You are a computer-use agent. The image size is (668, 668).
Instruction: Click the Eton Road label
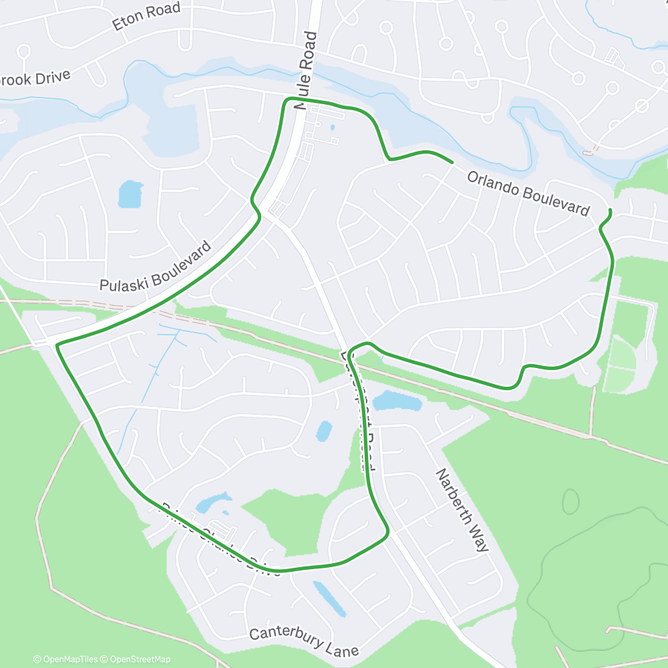pos(147,16)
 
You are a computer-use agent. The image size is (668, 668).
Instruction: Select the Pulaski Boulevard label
pos(155,267)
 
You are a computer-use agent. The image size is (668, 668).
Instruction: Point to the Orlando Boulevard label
pos(528,193)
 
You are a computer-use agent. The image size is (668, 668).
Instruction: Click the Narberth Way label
pos(462,510)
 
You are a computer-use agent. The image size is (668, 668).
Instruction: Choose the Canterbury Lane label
pos(304,642)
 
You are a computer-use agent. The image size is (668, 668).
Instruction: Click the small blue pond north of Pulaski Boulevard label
pos(130,194)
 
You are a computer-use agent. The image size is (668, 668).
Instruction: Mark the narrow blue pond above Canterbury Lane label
pos(329,599)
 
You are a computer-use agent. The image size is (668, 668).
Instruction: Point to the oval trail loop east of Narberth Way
pos(570,501)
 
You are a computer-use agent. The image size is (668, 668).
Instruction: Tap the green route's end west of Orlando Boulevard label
pos(452,162)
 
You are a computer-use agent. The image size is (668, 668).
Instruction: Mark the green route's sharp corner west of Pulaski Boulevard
pos(57,345)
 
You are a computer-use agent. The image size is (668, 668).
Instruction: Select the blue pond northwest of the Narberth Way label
pos(397,401)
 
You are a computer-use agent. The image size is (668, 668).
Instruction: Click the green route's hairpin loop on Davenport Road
pos(357,346)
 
